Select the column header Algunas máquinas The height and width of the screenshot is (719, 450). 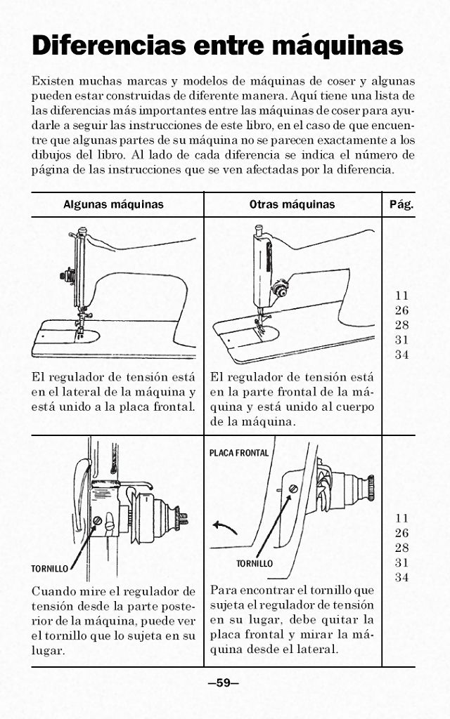click(x=113, y=205)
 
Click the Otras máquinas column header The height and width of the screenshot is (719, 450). click(x=292, y=205)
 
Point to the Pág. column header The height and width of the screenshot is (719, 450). click(x=401, y=205)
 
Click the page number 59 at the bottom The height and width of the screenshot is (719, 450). click(x=224, y=682)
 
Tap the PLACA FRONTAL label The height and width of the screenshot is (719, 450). click(x=239, y=453)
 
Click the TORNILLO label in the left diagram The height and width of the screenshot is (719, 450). click(x=49, y=568)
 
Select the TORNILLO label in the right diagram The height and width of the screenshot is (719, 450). click(x=254, y=564)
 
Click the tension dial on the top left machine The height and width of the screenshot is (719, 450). click(x=69, y=275)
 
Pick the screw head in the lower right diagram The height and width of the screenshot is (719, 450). click(x=294, y=488)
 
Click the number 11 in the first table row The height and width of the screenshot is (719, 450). click(x=401, y=296)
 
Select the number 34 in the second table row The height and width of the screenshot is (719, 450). click(x=401, y=578)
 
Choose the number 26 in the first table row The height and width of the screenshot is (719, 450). click(x=401, y=310)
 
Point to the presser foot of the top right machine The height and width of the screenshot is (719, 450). click(x=262, y=324)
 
